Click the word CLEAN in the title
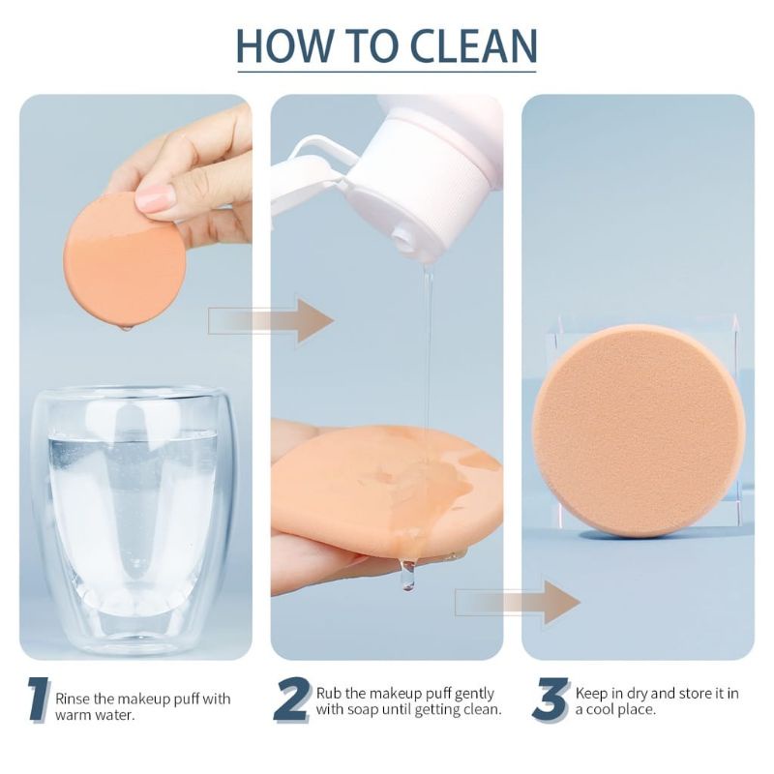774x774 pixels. [473, 45]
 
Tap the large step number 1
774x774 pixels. [39, 700]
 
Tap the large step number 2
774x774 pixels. [292, 700]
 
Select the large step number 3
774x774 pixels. [551, 700]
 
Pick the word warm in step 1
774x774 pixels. [74, 715]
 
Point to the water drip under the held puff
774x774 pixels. [127, 327]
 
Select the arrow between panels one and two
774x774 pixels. [271, 320]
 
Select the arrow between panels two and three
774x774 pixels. [518, 602]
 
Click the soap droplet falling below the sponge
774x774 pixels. [407, 575]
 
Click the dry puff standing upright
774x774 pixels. [639, 431]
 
